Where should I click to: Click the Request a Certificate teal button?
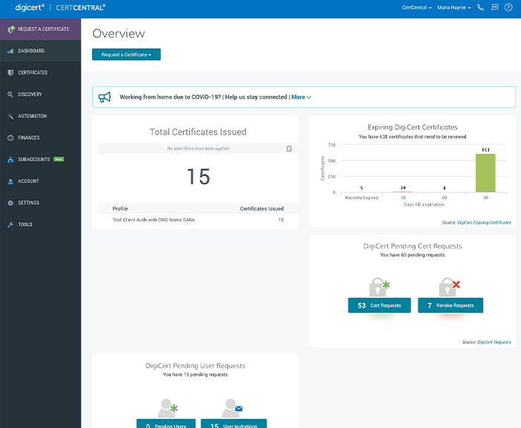[126, 54]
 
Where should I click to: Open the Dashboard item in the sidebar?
[31, 51]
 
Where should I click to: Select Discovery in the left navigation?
[30, 94]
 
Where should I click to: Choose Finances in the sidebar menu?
[29, 137]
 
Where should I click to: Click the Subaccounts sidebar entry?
[34, 159]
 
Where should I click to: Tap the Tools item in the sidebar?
[25, 224]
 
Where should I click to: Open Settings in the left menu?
[29, 203]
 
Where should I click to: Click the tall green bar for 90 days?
[485, 173]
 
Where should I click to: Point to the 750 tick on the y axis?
[331, 145]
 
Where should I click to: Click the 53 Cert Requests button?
[379, 305]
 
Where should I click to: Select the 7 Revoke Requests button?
[450, 305]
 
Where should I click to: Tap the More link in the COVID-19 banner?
[301, 97]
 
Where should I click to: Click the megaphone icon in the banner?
[105, 97]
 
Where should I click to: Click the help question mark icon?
[508, 7]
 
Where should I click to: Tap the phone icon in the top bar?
[481, 7]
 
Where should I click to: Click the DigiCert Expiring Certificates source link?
[484, 222]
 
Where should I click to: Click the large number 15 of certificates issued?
[198, 176]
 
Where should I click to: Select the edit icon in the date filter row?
[289, 149]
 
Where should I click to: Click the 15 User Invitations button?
[233, 424]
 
